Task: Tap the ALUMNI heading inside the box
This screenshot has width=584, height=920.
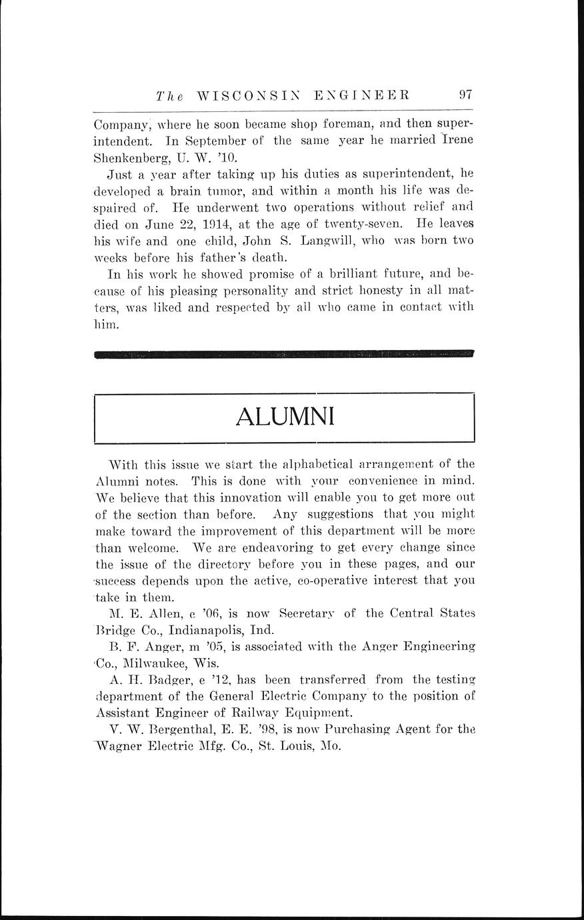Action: (x=285, y=417)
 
